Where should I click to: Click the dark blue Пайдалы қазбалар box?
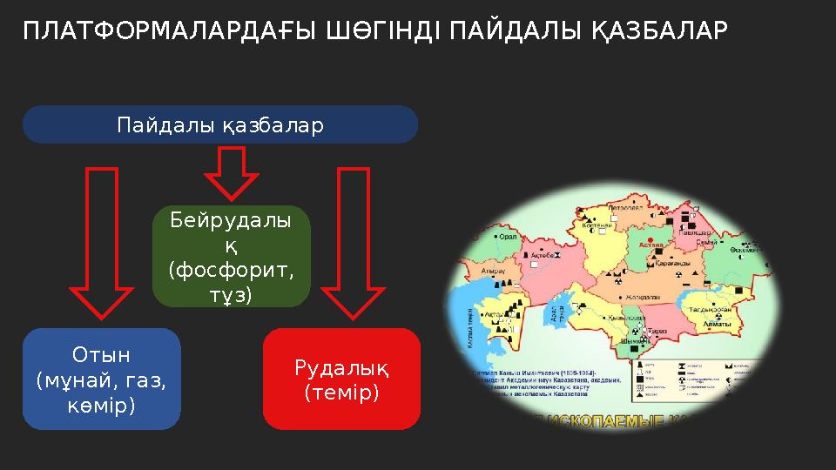click(219, 125)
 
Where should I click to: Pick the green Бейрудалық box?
click(232, 257)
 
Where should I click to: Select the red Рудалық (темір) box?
click(341, 379)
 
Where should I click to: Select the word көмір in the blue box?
click(101, 406)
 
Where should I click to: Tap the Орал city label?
click(507, 235)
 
